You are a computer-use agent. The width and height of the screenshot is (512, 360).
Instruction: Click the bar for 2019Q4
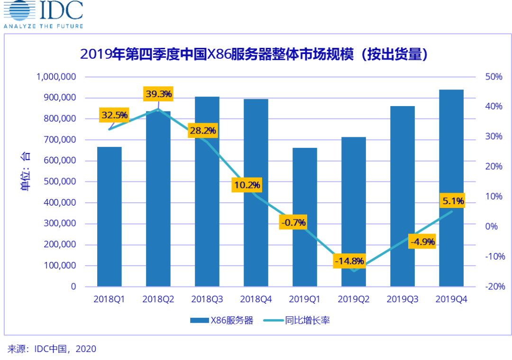click(451, 189)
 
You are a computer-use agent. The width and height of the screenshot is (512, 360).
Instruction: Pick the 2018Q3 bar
click(207, 199)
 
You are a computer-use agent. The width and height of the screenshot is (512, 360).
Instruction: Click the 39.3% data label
click(159, 94)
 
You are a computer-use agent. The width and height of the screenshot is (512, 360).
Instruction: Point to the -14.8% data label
click(349, 261)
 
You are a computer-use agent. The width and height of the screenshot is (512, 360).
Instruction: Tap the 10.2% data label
click(246, 185)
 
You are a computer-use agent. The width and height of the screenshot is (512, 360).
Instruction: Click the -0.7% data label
click(293, 222)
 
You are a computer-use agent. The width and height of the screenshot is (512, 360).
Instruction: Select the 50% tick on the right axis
click(493, 77)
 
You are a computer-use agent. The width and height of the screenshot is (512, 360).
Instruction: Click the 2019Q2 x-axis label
click(354, 299)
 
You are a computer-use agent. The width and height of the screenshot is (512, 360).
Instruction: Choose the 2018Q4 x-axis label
click(256, 299)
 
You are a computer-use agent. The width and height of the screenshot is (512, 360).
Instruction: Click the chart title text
click(254, 54)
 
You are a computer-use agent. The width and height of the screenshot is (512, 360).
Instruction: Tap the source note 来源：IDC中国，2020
click(52, 349)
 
